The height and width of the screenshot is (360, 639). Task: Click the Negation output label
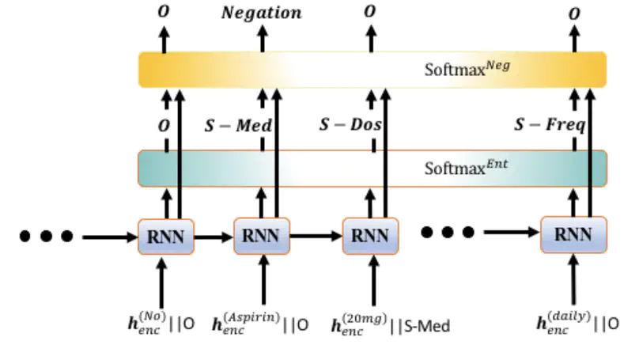coord(261,13)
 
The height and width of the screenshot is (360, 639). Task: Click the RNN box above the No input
coord(166,235)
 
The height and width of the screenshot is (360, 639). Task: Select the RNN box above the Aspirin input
coord(262,235)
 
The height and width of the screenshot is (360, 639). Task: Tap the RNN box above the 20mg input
coord(370,235)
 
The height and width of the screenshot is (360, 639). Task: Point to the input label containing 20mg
coord(390,324)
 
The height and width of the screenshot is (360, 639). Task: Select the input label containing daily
coord(578,324)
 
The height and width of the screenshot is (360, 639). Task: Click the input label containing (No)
coord(159,324)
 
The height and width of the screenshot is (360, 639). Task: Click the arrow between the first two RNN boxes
coord(214,235)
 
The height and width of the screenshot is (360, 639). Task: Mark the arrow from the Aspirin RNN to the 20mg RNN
coord(316,235)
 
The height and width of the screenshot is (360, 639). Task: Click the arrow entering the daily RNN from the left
coord(511,233)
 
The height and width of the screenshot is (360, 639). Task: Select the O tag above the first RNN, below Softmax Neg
coord(164,125)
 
